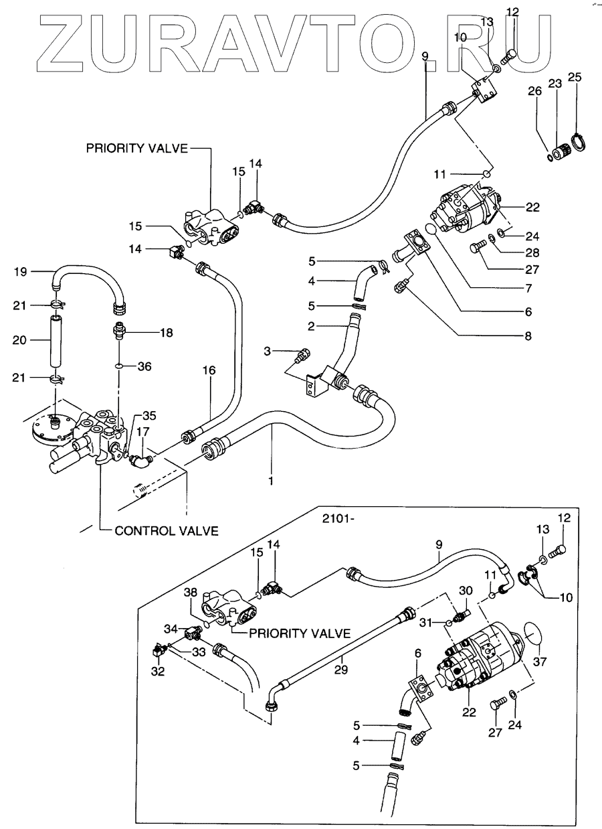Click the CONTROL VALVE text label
pos(167,531)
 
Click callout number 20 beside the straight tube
pos(21,341)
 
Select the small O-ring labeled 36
pos(118,366)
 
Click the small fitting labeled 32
pos(159,651)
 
